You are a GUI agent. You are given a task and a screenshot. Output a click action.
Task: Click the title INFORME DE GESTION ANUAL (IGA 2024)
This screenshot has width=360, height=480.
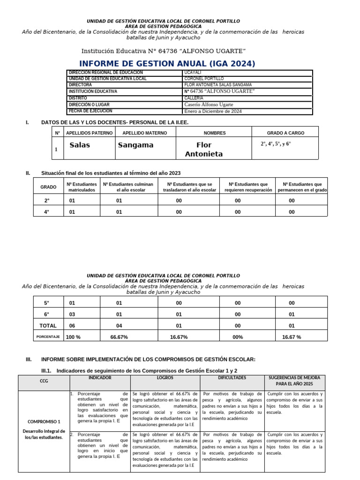[x=167, y=64]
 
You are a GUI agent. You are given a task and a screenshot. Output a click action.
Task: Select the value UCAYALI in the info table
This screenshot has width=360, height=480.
[x=192, y=73]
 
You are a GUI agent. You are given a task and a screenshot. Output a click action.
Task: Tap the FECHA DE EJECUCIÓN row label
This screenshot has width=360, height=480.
[x=90, y=111]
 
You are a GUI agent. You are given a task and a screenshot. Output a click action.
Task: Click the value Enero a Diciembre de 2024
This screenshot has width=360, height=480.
[x=213, y=112]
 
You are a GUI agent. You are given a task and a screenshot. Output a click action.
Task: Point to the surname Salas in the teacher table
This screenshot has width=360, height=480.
[x=80, y=145]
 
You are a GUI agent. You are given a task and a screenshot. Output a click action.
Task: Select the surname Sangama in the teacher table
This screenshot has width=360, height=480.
[x=135, y=145]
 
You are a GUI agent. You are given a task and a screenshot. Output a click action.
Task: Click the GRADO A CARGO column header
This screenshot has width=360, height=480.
[x=285, y=133]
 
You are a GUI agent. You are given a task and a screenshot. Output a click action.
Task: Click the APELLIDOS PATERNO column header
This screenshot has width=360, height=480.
[x=90, y=133]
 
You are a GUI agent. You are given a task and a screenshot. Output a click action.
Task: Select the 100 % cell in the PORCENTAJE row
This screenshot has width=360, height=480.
[x=73, y=337]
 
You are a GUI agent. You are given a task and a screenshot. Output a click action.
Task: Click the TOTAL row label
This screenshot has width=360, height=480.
[x=48, y=326]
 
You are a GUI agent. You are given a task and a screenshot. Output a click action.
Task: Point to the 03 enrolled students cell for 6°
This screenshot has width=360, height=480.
[x=72, y=315]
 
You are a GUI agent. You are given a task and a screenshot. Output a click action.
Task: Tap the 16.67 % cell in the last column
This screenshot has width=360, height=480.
[x=292, y=337]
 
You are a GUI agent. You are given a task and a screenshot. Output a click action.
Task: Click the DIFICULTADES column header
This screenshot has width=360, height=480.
[x=232, y=377]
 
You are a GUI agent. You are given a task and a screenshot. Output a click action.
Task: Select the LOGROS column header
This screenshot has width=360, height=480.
[x=165, y=377]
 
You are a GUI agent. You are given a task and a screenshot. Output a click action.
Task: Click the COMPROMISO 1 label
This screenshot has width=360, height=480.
[x=44, y=421]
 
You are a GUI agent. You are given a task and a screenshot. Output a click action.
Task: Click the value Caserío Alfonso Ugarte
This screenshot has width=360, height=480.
[x=209, y=105]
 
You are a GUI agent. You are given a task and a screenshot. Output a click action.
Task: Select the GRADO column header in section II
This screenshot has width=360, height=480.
[x=48, y=187]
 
